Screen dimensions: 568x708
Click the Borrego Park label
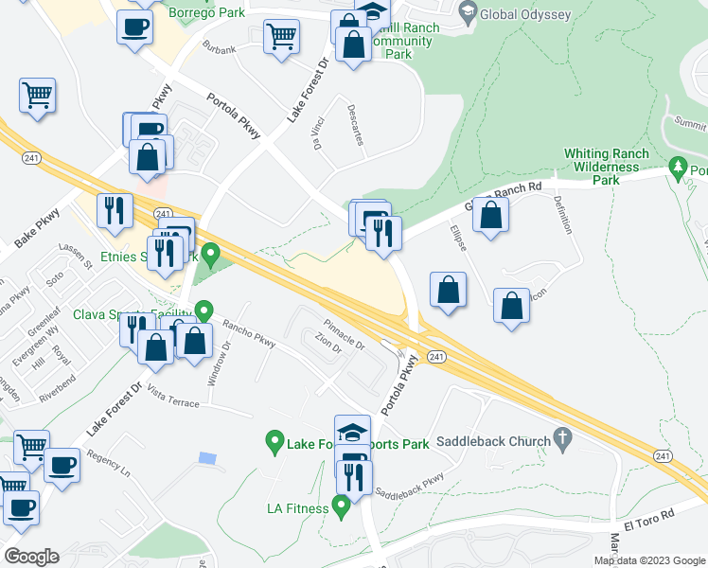tap(205, 12)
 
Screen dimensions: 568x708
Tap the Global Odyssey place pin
tap(467, 12)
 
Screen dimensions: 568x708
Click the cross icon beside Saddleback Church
tap(563, 439)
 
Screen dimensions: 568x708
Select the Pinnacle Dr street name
tap(344, 332)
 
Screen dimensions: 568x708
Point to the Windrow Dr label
tap(212, 364)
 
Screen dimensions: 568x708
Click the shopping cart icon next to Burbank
tap(282, 38)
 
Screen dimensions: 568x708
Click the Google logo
tap(30, 557)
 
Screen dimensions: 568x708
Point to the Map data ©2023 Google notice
tap(649, 560)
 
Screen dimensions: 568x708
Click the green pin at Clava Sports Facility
tap(204, 311)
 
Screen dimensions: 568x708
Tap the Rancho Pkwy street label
tap(248, 334)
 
